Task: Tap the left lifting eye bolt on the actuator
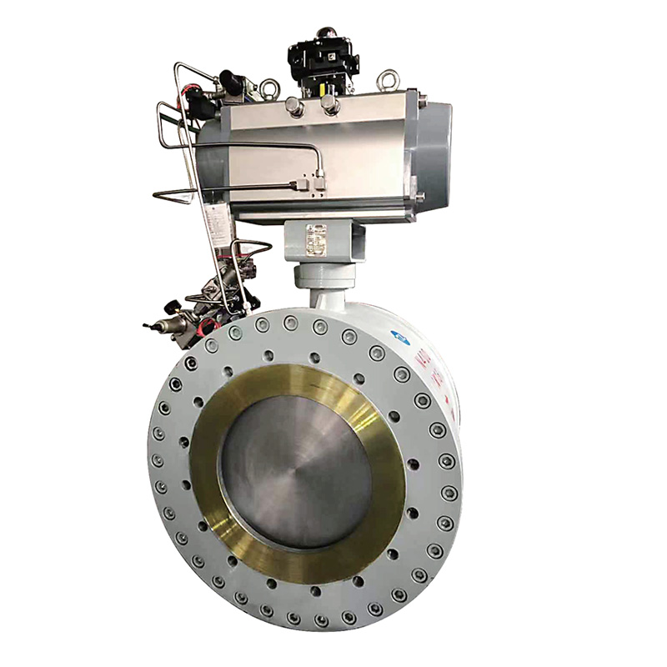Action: [268, 85]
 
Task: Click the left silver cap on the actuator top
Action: [293, 105]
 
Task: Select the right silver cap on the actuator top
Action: [330, 104]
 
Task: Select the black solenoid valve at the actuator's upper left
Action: [230, 83]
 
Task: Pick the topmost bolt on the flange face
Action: [290, 322]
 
